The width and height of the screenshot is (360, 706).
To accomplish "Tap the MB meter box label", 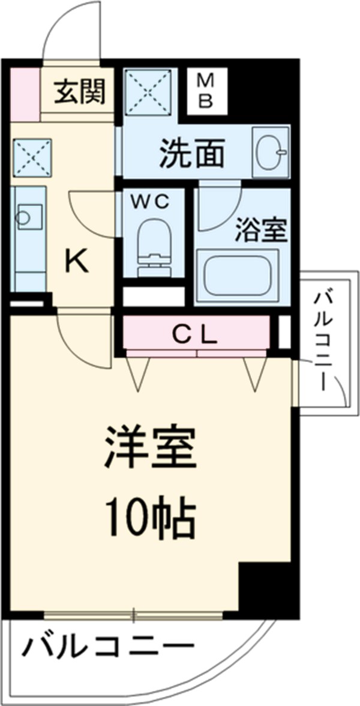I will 205,90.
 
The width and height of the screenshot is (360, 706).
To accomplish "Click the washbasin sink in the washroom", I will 269,152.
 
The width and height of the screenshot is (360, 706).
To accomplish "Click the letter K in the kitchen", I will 77,261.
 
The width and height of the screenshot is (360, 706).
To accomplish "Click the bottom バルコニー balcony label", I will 109,649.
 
